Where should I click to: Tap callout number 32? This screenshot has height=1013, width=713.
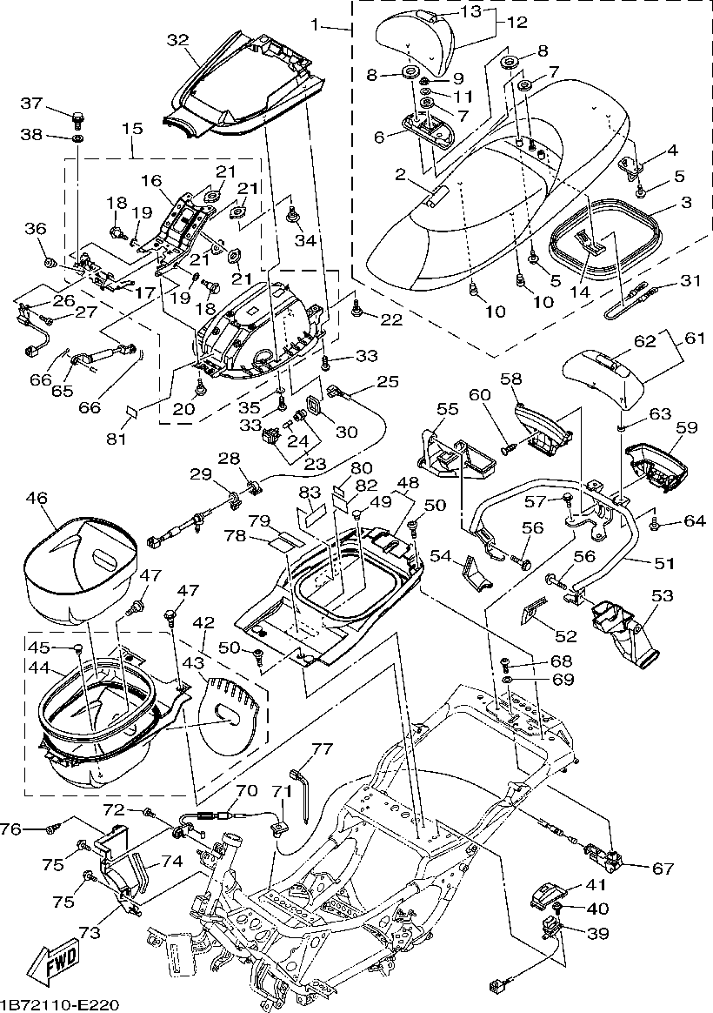coord(177,40)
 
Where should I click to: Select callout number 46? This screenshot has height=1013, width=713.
coord(37,499)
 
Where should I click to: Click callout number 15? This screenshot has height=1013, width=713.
coord(132,128)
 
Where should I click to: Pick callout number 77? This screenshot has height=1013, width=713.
coord(322,748)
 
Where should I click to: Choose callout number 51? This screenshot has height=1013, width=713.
coord(664,563)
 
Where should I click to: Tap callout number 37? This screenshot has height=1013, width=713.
coord(31,104)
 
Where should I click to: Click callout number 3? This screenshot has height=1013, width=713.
coord(686,202)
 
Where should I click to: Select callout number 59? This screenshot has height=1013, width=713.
coord(686,427)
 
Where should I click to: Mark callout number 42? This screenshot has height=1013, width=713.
coord(203,624)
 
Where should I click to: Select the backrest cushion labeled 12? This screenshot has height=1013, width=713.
coord(417,39)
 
